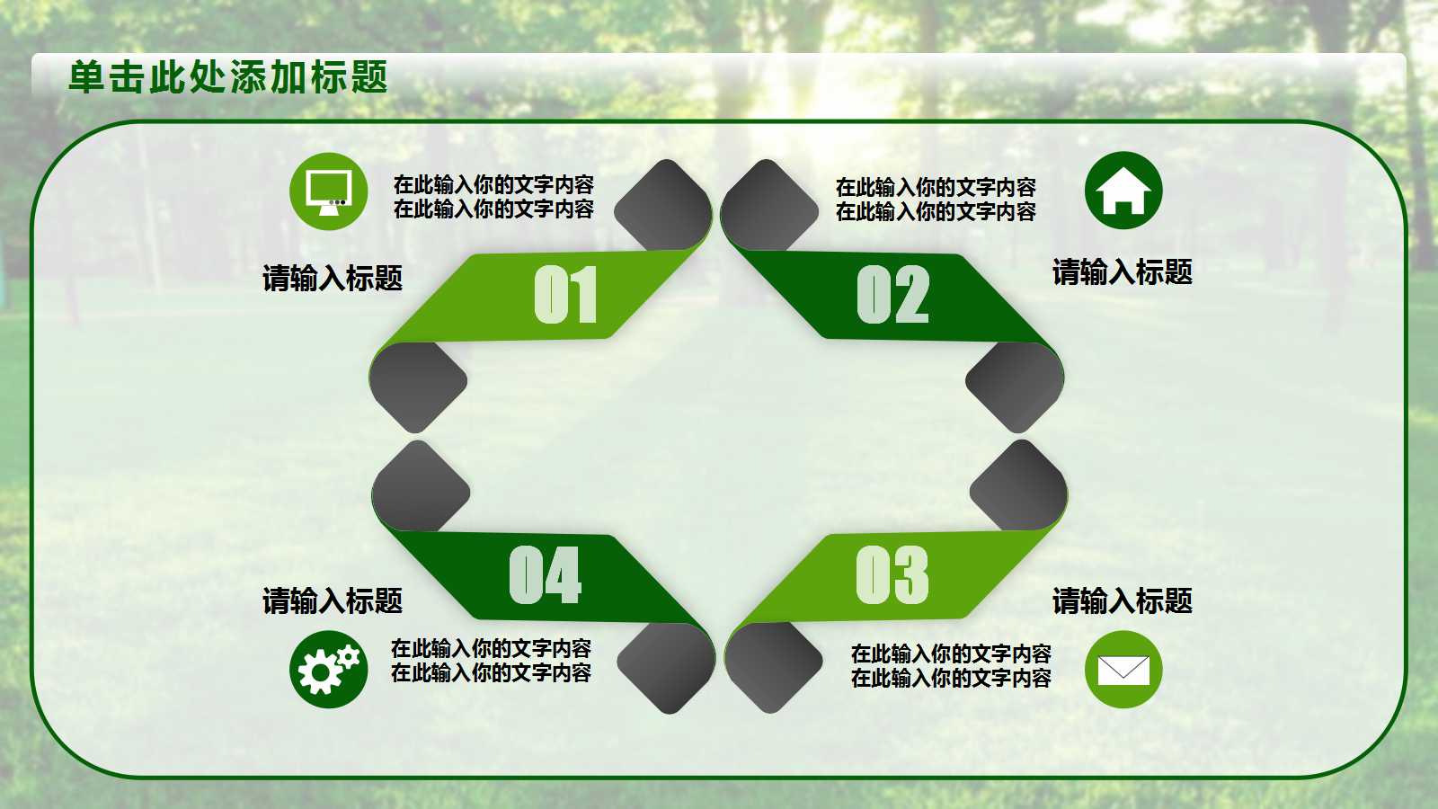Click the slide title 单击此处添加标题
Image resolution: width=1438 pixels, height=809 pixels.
228,77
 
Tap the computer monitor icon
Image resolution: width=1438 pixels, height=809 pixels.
328,191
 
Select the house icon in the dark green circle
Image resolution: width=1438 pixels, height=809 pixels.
1123,191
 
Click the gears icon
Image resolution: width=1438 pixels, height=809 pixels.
328,670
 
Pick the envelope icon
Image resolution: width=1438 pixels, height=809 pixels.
1123,670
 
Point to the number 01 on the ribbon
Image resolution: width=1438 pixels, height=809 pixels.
565,295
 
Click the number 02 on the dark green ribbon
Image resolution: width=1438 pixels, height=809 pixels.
892,295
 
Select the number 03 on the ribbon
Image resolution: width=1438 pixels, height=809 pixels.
892,575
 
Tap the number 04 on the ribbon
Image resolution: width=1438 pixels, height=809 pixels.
545,575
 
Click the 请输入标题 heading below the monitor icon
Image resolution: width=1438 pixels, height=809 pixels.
333,279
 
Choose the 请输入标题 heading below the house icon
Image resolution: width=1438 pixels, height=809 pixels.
1123,272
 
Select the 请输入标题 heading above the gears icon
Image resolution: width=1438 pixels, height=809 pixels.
333,600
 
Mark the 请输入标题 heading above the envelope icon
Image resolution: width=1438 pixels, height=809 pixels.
1123,600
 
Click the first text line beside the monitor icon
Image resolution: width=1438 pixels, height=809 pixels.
493,185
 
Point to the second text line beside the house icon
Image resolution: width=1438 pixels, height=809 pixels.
936,212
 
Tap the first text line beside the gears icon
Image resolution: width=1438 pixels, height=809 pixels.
491,648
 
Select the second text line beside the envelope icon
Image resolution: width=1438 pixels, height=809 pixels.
951,679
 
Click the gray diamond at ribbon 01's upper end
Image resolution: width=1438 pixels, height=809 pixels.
663,203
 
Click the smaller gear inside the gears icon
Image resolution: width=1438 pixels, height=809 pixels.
349,656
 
